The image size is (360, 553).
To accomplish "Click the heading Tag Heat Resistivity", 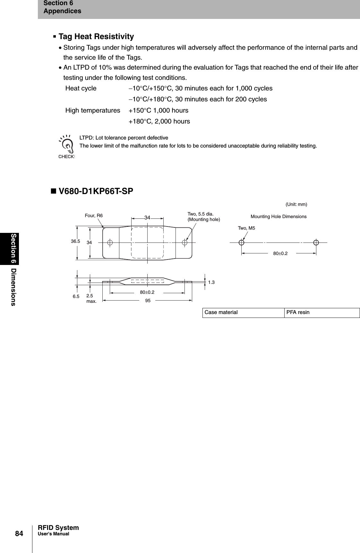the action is point(96,37).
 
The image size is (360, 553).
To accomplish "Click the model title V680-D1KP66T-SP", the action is point(92,191).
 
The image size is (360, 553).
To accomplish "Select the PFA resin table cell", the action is point(322,312).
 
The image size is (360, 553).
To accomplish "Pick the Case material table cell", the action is point(243,312).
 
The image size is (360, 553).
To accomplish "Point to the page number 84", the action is point(19,533).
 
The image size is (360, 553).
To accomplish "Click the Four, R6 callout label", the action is point(94,216).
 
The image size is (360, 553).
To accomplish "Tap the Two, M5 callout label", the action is point(246,228).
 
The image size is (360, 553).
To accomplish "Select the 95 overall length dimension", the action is point(148,301).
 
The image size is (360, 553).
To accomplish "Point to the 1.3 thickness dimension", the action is point(211,282).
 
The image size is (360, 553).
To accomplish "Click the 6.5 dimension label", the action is point(76,297).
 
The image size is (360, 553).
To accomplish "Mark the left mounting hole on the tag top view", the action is point(110,242).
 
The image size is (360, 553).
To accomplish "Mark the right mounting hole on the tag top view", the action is point(184,242).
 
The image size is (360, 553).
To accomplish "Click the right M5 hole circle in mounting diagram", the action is point(316,242).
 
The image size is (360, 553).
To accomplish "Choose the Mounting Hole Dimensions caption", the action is point(278,217).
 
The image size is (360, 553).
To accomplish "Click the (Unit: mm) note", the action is point(296,204).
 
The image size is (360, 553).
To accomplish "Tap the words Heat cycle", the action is point(81,88).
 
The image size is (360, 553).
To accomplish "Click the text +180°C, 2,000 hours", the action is point(159,121).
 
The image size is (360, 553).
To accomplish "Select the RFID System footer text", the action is point(58,528).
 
